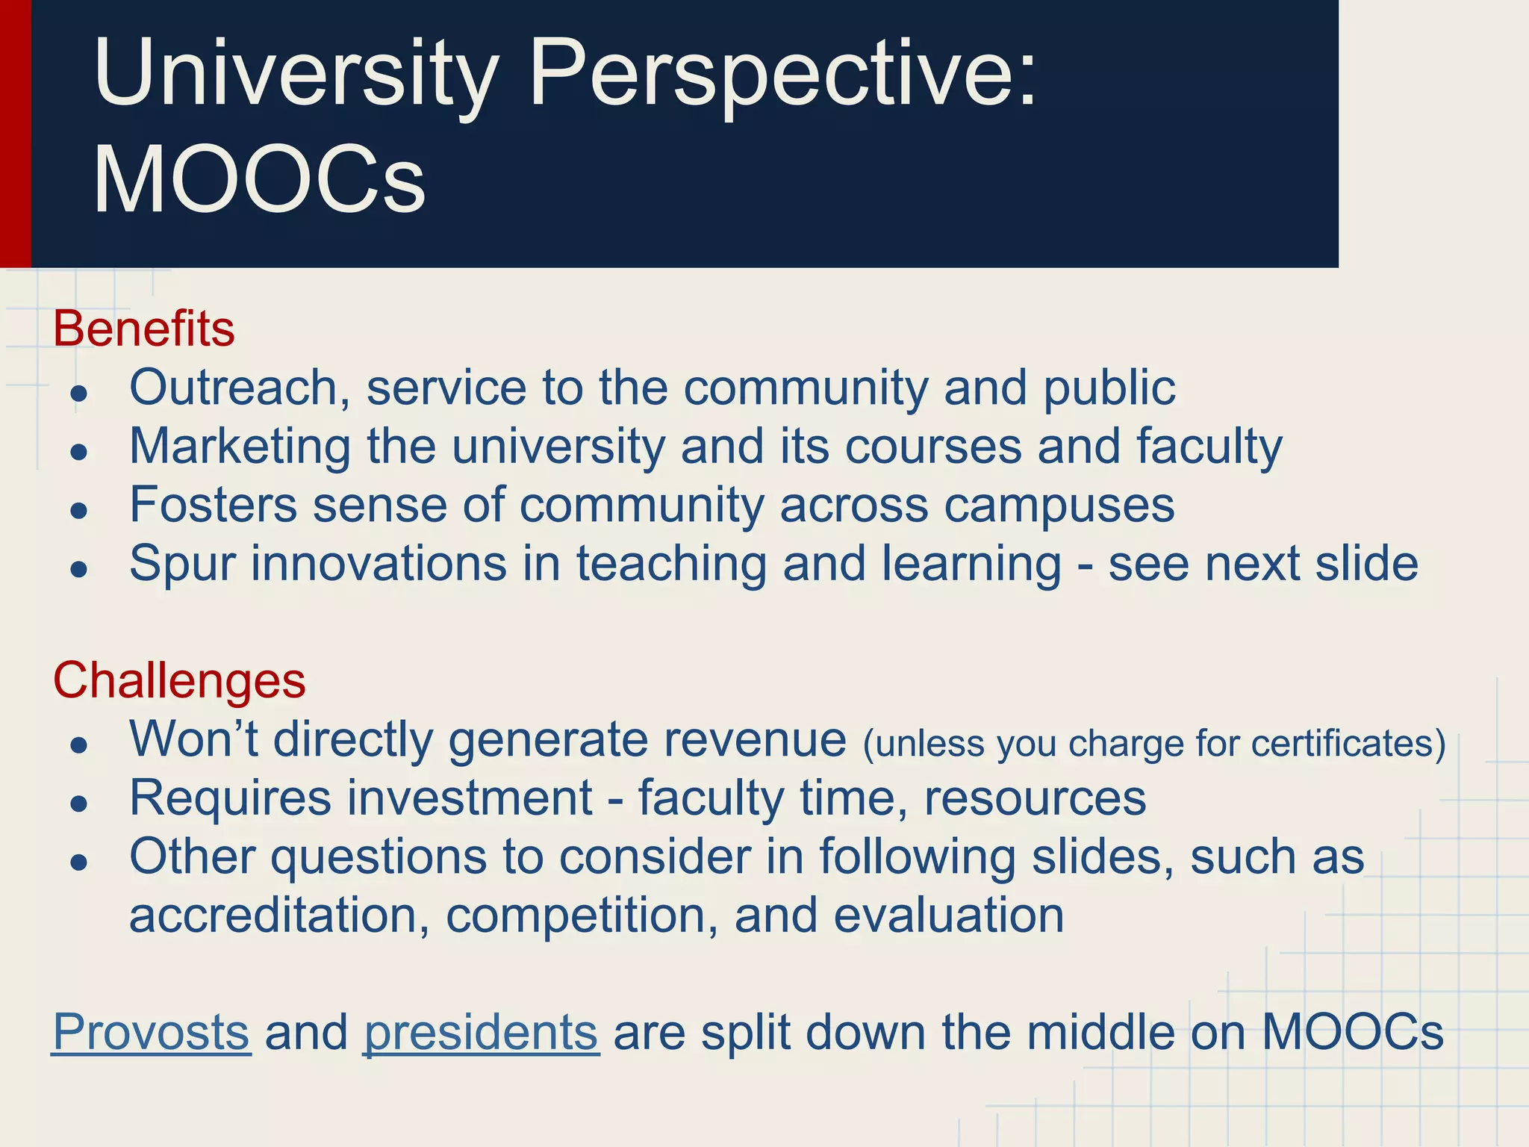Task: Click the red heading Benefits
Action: tap(143, 329)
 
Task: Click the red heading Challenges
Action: tap(179, 680)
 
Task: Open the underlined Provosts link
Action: tap(151, 1032)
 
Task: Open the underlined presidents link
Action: tap(481, 1032)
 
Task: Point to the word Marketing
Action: tap(240, 447)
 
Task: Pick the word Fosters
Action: tap(214, 505)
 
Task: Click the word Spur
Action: tap(182, 564)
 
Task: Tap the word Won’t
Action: tap(193, 739)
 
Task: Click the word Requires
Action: tap(230, 798)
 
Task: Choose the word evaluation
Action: tap(948, 916)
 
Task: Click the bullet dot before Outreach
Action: tap(79, 394)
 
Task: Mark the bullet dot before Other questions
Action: tap(79, 862)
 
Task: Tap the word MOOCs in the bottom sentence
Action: tap(1352, 1032)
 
